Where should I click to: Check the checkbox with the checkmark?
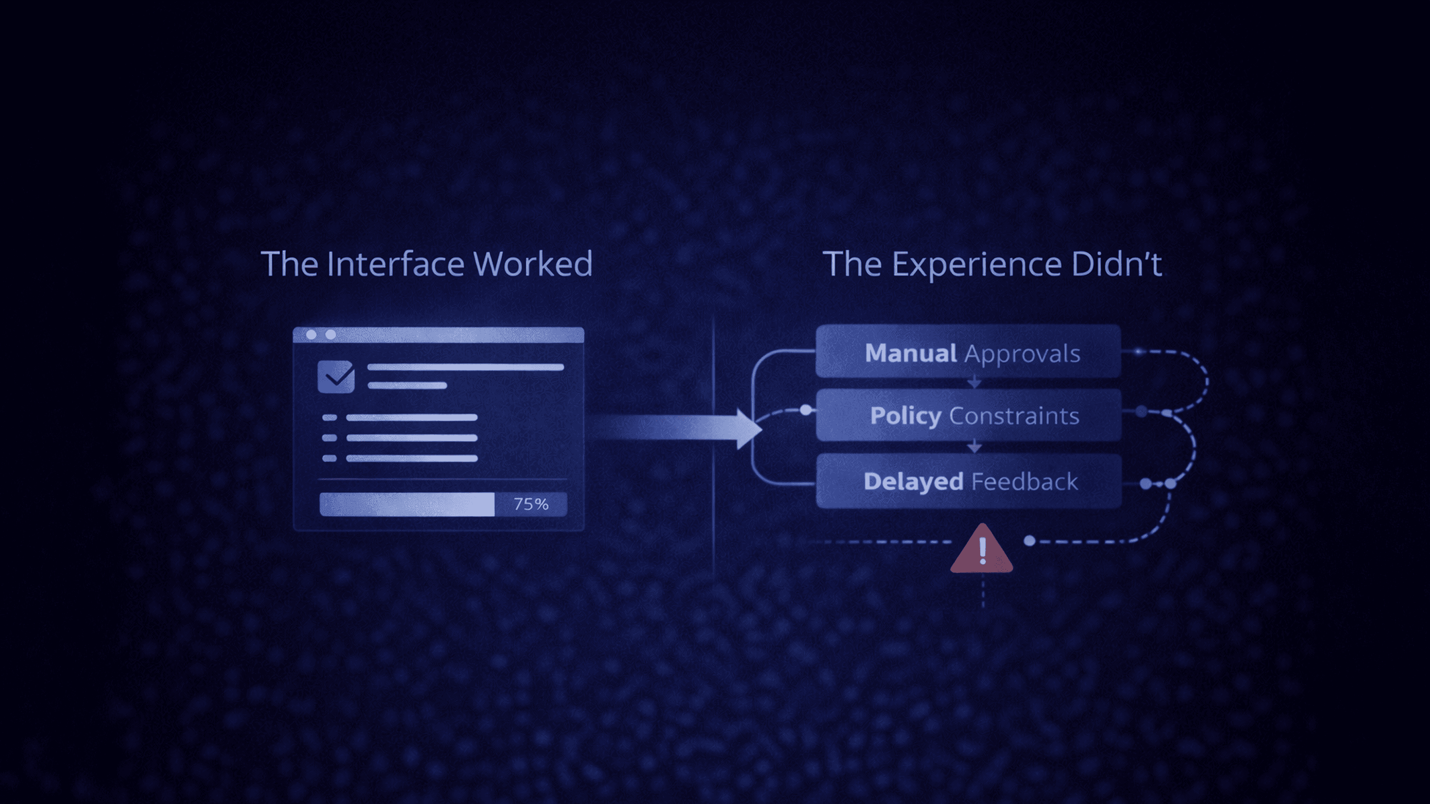tap(336, 377)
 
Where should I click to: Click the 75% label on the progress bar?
tap(531, 504)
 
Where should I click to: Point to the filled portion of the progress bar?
tap(407, 504)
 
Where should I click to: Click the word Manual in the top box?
tap(910, 353)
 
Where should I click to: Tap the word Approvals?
tap(1022, 354)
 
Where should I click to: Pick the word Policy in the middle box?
tap(906, 416)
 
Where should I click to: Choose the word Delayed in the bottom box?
tap(913, 482)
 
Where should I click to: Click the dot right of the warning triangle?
tap(1029, 540)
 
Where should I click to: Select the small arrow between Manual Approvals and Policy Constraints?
tap(974, 383)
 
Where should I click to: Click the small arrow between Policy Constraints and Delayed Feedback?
tap(974, 447)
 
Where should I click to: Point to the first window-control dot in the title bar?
tap(311, 334)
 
